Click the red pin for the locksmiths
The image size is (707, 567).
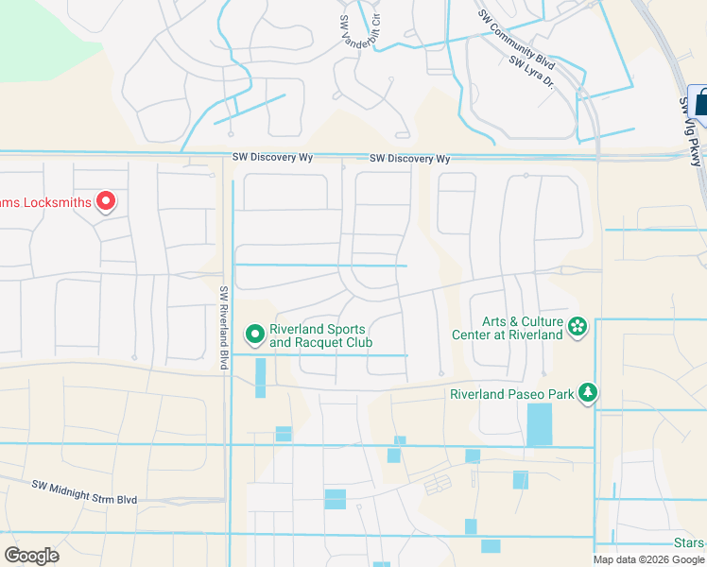106,201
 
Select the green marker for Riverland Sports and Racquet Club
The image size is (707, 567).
254,334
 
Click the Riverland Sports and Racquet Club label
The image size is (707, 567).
320,335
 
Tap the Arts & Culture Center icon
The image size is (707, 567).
578,328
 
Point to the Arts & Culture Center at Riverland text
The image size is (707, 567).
523,328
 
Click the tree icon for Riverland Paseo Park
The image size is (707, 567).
587,392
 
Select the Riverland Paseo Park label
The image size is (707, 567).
511,393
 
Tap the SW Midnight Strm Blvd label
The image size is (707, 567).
84,491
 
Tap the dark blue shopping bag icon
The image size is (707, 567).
700,99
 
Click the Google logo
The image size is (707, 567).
31,555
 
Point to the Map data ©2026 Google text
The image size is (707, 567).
647,558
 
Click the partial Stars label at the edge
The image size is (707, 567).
689,542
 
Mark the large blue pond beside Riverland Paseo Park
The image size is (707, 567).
539,424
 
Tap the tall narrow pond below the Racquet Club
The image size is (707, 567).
260,378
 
